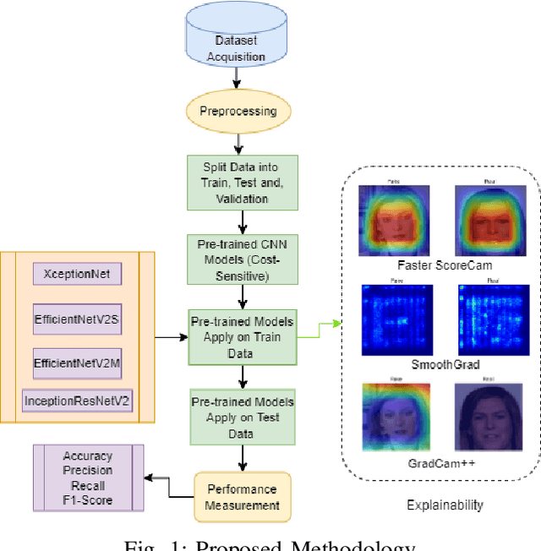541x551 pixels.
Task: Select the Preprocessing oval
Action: pos(237,111)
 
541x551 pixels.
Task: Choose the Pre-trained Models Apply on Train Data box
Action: pos(243,336)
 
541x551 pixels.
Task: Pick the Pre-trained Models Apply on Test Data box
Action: pos(243,414)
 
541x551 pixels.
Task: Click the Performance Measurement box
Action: pos(243,498)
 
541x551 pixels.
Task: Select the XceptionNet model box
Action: pos(78,274)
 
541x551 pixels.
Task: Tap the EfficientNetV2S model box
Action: pos(78,319)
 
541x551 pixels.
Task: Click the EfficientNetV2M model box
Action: pos(78,362)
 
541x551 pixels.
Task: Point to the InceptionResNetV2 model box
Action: pos(78,401)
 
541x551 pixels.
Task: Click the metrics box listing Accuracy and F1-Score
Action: pos(88,478)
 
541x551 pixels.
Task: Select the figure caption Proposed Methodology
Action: pos(270,544)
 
